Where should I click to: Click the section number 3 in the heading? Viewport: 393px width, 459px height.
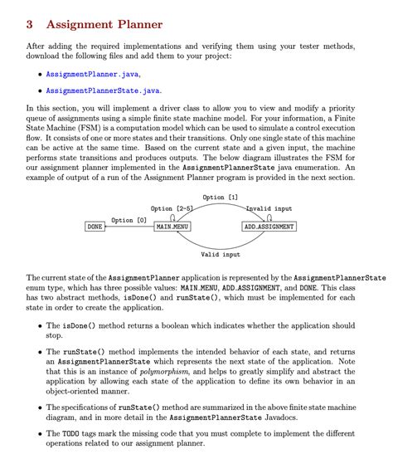pos(32,25)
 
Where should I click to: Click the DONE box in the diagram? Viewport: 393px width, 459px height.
pos(96,227)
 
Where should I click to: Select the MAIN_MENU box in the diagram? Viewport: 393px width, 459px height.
pos(172,227)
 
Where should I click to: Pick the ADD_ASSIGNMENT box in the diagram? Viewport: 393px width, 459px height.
pos(269,227)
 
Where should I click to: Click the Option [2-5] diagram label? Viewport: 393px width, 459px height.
pos(172,208)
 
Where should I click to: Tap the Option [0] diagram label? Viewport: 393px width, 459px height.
pos(129,221)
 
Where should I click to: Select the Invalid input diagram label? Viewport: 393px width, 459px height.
pos(269,208)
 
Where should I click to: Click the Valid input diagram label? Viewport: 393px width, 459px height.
pos(221,255)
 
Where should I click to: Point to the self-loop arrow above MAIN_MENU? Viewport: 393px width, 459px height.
pos(173,217)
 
